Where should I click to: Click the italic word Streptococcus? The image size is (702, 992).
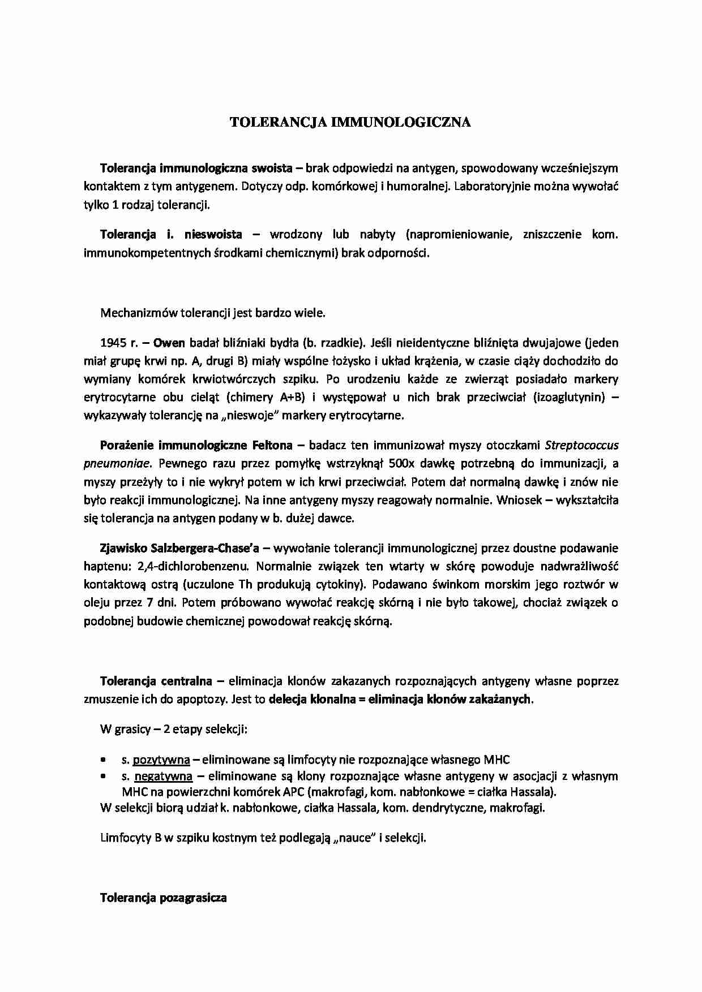581,446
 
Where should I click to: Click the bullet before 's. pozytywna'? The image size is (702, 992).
104,760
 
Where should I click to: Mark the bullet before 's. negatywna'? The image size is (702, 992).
104,777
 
